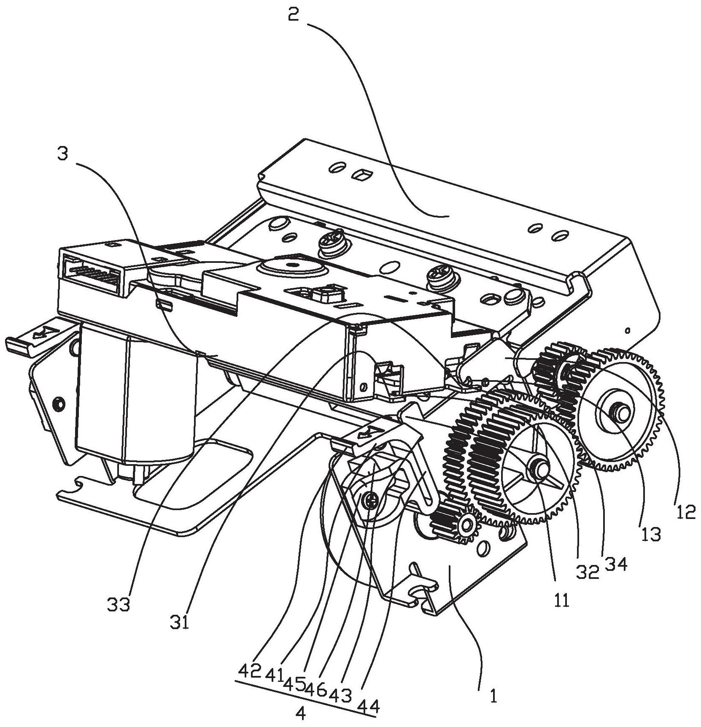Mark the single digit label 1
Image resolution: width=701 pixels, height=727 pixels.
click(493, 696)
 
